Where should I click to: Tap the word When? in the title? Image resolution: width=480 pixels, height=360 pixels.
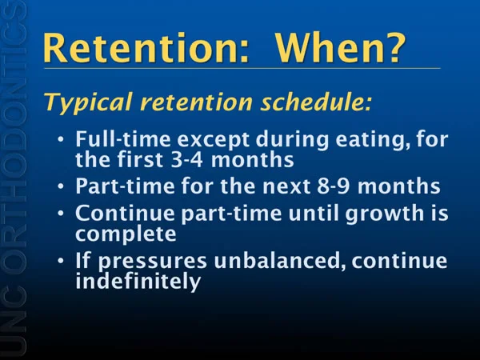coord(341,48)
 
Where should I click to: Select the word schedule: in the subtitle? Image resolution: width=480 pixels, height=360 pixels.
coord(316,102)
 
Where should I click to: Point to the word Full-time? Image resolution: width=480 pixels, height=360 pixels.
coord(123,139)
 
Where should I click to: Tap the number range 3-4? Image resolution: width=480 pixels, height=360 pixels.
coord(186,160)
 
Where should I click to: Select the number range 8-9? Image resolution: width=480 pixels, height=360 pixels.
coord(333,186)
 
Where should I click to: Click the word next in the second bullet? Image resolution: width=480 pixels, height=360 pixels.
coord(286,186)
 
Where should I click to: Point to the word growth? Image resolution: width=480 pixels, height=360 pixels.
coord(382,214)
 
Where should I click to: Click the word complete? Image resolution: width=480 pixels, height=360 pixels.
coord(126,234)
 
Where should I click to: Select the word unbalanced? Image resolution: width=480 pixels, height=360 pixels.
coord(280,261)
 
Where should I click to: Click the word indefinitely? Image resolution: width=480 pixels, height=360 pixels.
coord(138,281)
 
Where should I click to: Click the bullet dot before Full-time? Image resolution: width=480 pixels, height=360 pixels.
coord(61,139)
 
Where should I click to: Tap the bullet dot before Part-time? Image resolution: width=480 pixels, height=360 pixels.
coord(61,186)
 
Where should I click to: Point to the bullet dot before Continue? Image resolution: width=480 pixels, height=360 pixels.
coord(61,213)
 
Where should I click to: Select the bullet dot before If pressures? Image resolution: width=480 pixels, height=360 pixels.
coord(61,261)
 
